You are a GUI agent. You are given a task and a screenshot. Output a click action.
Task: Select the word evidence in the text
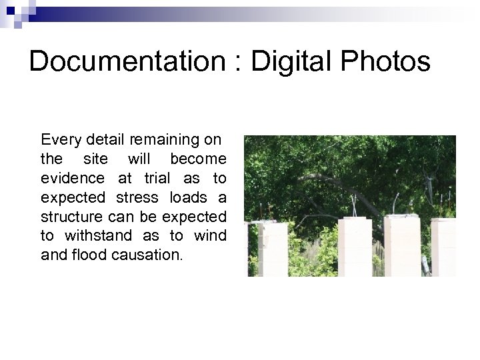click(73, 179)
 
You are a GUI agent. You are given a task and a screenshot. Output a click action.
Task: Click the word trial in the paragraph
click(159, 179)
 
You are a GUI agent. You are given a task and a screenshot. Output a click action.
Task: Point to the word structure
click(71, 217)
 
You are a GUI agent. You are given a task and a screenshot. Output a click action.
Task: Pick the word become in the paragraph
click(198, 160)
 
